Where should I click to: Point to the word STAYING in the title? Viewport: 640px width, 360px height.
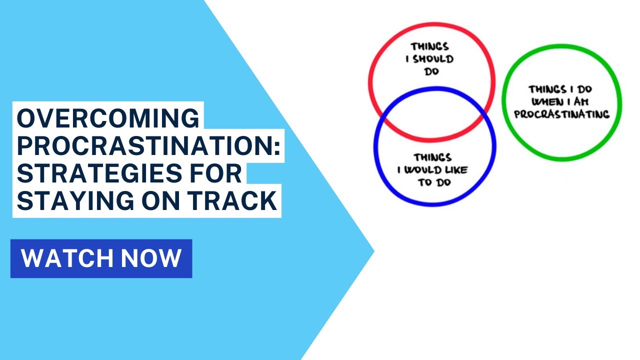point(75,201)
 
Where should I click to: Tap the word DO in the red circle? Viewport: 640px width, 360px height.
point(430,71)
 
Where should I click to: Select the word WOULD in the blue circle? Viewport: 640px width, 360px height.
point(426,170)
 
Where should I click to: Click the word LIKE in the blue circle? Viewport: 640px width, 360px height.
point(456,170)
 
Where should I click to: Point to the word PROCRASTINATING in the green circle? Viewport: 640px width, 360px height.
point(561,114)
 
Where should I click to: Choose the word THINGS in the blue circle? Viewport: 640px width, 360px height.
point(432,157)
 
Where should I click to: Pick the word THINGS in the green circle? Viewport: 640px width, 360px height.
point(546,90)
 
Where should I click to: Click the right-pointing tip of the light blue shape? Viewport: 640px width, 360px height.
point(373,250)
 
